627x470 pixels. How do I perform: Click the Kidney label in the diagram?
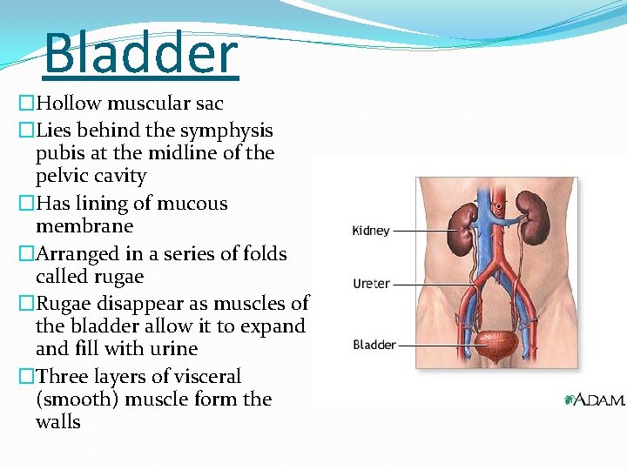click(371, 231)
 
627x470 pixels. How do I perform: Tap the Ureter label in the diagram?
click(371, 284)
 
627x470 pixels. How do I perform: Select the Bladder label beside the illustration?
click(374, 345)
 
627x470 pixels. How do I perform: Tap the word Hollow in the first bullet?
click(69, 103)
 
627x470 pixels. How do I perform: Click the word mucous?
click(186, 204)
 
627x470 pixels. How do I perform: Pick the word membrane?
click(84, 226)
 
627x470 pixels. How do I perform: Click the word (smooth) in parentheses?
click(73, 399)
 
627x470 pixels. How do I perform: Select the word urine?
click(174, 349)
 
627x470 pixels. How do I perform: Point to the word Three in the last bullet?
click(62, 377)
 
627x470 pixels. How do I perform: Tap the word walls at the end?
click(58, 422)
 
